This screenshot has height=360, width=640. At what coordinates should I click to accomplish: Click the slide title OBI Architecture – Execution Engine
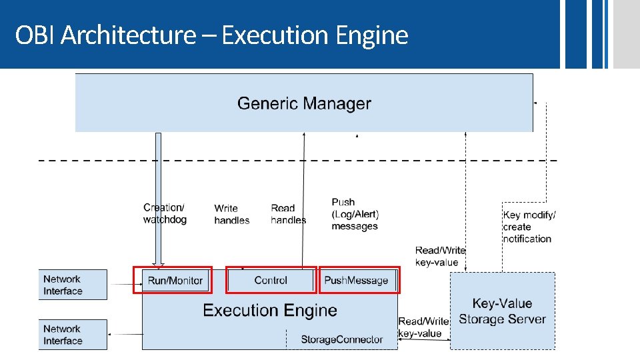click(211, 35)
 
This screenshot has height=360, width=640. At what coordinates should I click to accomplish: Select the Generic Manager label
click(303, 103)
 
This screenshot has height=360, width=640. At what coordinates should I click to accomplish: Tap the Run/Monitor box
click(175, 281)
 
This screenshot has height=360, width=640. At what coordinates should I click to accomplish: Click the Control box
click(271, 281)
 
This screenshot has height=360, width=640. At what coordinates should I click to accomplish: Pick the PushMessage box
click(356, 281)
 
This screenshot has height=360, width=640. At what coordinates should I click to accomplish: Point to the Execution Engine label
click(269, 311)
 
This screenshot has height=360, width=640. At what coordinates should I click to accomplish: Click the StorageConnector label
click(341, 340)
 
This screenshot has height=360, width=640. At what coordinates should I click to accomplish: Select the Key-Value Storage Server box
click(502, 311)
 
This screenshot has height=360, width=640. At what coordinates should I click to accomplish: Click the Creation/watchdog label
click(165, 213)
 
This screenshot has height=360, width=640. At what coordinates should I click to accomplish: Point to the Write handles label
click(231, 214)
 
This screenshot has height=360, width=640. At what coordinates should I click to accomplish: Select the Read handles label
click(287, 214)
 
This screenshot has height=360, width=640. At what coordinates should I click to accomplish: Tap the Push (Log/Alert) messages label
click(355, 214)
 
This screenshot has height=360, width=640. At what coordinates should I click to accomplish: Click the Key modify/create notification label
click(529, 227)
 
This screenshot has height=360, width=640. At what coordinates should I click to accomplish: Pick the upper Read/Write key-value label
click(440, 256)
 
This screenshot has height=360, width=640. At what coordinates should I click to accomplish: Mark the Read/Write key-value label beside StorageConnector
click(423, 327)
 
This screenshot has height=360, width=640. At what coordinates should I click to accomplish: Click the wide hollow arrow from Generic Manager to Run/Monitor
click(158, 200)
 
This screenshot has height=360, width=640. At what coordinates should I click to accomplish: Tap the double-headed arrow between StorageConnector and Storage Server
click(424, 341)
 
